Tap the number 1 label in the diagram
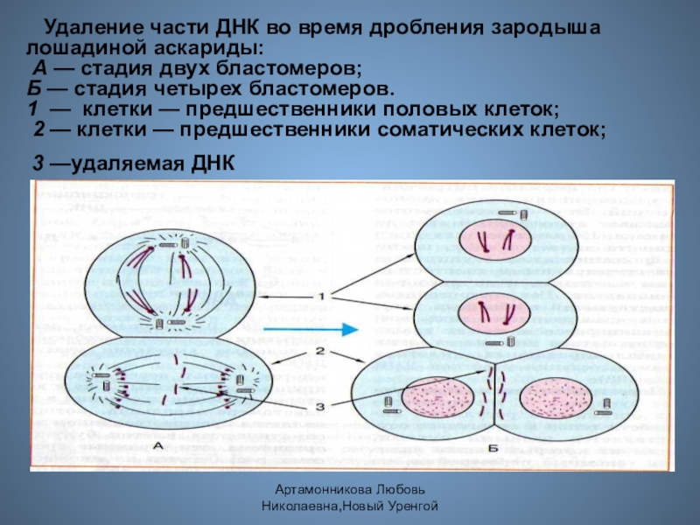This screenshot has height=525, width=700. [321, 297]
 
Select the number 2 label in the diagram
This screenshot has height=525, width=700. [321, 351]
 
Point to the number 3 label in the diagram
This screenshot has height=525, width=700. [321, 406]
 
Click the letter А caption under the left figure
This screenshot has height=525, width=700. [159, 446]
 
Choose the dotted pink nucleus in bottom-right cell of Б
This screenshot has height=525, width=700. [555, 398]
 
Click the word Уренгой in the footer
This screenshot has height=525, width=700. [408, 507]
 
